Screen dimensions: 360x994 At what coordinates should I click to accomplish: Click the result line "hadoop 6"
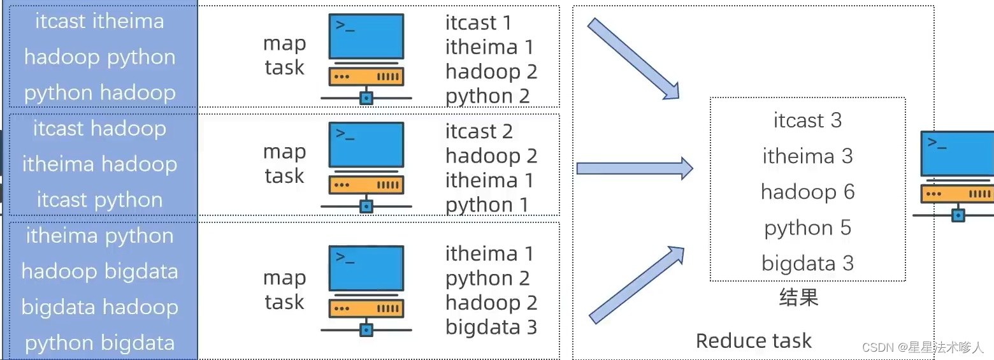(807, 192)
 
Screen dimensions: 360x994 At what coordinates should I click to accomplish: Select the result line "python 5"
(807, 228)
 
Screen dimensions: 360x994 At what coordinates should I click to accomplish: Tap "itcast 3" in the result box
(807, 120)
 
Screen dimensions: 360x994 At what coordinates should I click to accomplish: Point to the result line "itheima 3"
(807, 156)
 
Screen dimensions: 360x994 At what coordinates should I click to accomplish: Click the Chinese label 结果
(798, 298)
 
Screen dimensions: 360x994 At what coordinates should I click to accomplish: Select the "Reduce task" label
(753, 341)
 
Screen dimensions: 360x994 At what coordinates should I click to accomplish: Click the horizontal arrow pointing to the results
(634, 168)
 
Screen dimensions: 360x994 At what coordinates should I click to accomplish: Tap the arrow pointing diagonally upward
(636, 285)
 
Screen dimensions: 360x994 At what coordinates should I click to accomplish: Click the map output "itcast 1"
(478, 23)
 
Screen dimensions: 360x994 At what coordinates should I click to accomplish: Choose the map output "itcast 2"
(479, 131)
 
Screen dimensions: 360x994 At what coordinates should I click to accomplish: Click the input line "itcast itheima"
(99, 21)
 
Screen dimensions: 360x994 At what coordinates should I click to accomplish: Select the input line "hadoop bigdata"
(99, 271)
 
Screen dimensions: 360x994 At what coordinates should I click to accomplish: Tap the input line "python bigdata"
(99, 343)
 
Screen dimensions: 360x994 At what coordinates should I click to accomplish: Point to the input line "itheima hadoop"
(99, 164)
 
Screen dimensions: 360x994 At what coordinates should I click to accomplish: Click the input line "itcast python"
(99, 200)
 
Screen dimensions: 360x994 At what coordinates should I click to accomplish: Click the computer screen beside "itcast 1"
(366, 37)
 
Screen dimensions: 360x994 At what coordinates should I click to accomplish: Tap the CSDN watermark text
(923, 348)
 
